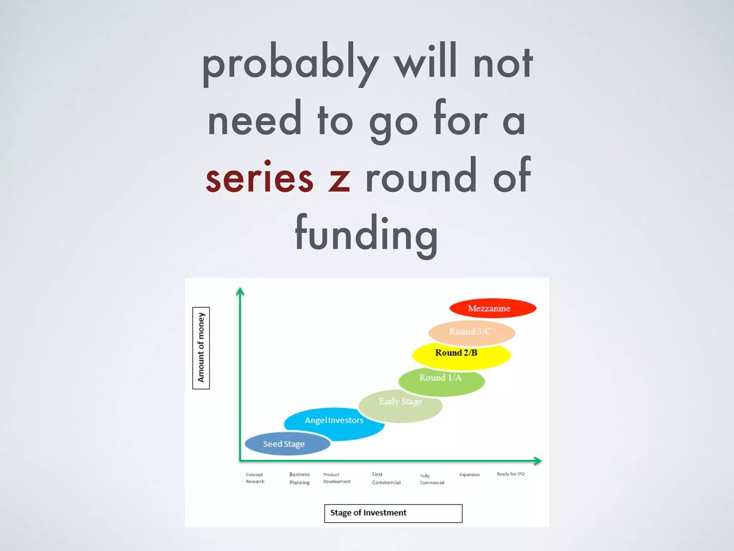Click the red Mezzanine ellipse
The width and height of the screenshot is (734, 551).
[x=493, y=308]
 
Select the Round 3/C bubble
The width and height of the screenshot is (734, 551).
[x=472, y=332]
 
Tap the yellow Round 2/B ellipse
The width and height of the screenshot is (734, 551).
[x=461, y=354]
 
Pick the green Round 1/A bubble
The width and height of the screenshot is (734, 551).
[x=442, y=380]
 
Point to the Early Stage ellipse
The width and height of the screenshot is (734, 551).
[x=400, y=405]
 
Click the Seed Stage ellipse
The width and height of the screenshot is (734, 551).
[x=287, y=444]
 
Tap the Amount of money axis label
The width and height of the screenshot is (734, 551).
[x=201, y=348]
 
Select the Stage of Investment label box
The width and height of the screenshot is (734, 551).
[x=393, y=513]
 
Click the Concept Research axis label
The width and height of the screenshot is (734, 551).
[x=255, y=478]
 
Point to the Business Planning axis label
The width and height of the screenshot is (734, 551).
[x=300, y=478]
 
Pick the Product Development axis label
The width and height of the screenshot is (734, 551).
[x=337, y=478]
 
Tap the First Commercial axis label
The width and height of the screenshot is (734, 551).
[x=386, y=478]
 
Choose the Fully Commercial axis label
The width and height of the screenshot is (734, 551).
[x=432, y=479]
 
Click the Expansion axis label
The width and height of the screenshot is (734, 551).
[x=470, y=475]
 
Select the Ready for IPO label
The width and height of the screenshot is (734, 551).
[x=510, y=474]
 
